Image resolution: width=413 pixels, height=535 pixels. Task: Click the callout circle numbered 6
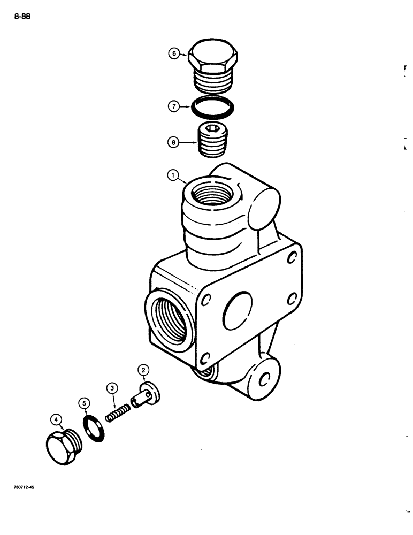coord(173,53)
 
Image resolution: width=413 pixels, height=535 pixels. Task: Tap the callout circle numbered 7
coord(173,106)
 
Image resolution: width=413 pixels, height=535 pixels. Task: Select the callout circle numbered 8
coord(173,143)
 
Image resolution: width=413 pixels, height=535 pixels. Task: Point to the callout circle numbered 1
coord(172,174)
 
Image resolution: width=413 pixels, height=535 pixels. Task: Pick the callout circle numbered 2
coord(143,369)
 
